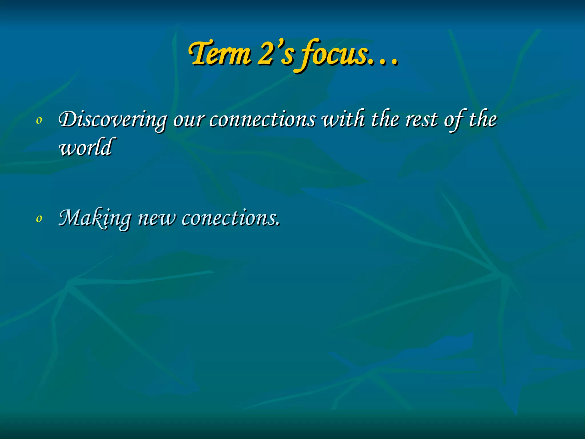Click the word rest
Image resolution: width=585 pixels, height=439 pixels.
click(x=421, y=119)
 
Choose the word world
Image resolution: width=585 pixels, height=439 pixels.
click(x=86, y=147)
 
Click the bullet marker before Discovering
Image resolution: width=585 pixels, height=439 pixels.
click(x=39, y=121)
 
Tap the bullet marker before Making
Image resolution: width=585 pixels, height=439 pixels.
click(x=39, y=219)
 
